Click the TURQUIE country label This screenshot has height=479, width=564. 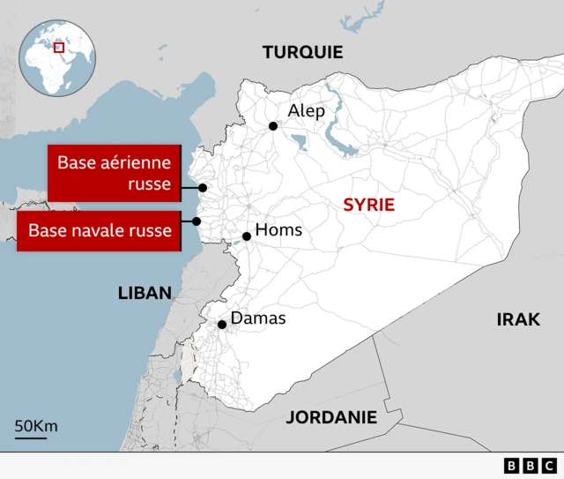click(302, 53)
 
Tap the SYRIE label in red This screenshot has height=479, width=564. click(368, 205)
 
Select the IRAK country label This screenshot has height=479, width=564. click(518, 319)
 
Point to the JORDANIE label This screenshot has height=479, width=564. click(331, 417)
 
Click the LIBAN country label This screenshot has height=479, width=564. click(145, 293)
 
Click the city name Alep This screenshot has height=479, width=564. click(307, 111)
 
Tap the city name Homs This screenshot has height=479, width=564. click(278, 230)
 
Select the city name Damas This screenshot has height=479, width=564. click(257, 318)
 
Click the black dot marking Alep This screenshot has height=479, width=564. click(273, 126)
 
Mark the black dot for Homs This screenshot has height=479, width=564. click(247, 236)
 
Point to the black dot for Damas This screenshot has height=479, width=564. click(222, 325)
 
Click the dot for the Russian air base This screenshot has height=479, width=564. click(203, 187)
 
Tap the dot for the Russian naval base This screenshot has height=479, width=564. click(197, 221)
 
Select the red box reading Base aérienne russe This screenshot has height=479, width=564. click(115, 174)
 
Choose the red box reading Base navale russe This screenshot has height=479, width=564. click(99, 231)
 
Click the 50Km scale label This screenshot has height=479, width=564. click(35, 427)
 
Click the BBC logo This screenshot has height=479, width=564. click(530, 465)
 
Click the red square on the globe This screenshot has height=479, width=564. click(59, 47)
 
